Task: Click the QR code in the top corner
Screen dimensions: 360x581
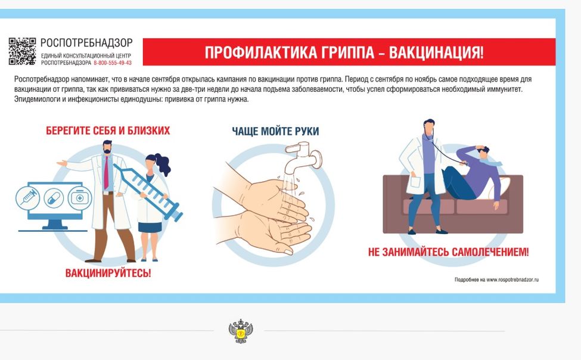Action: (22, 51)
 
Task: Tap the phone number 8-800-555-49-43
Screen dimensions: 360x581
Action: (113, 63)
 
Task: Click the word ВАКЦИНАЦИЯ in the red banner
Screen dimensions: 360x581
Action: (436, 52)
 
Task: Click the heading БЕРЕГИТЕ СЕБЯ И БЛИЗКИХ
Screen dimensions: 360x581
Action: (108, 131)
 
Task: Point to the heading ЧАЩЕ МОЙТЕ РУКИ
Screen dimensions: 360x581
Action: (275, 131)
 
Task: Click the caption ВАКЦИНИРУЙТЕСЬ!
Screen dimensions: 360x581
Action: (108, 274)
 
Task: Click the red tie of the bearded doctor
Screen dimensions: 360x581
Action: (106, 172)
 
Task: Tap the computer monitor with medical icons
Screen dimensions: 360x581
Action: (50, 200)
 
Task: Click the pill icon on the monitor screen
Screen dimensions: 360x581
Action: (52, 197)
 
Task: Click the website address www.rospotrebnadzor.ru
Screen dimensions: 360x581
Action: (512, 280)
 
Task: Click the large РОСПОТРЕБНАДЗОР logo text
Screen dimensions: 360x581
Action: (86, 43)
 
